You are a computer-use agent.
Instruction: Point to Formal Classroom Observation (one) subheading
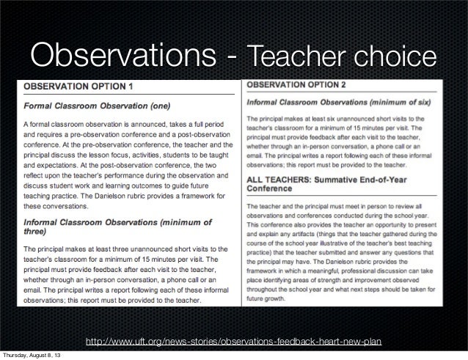96,104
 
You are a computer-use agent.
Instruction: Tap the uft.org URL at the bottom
234,343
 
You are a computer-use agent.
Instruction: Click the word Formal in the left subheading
40,104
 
